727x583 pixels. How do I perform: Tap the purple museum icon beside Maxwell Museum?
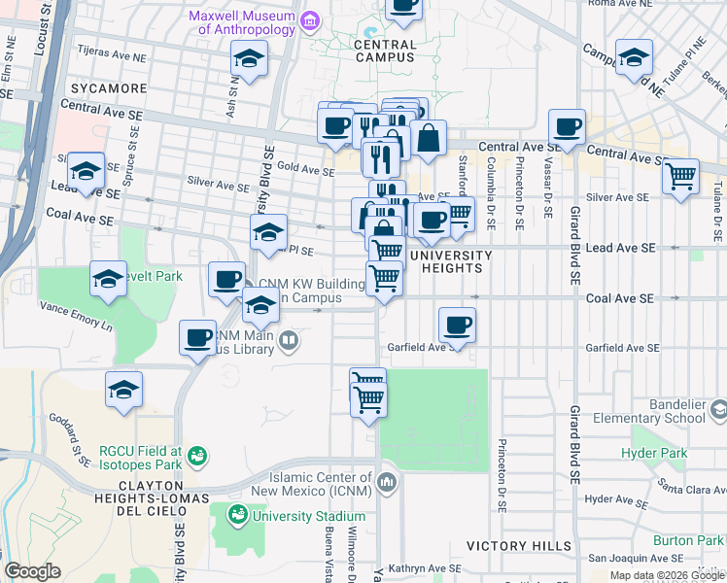[310, 19]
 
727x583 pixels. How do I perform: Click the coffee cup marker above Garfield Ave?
[457, 324]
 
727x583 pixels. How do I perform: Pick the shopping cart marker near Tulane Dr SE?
[681, 177]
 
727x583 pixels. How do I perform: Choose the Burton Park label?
[687, 540]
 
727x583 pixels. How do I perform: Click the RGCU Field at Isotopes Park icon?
[196, 455]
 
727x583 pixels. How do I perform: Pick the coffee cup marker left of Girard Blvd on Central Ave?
[567, 125]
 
